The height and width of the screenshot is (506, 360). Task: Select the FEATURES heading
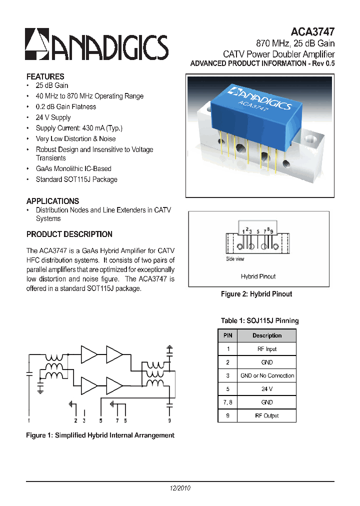45,76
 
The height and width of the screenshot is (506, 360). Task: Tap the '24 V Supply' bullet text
53,117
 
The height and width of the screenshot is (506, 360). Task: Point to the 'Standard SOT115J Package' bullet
76,179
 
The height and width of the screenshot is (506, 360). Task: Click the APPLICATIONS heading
52,201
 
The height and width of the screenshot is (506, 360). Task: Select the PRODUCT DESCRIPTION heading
69,234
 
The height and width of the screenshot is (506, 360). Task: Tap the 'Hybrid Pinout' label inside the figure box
258,276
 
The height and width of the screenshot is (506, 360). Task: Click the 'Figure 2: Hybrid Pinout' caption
256,294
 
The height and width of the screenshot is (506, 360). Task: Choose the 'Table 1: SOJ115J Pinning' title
259,320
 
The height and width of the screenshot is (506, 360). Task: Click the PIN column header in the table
228,335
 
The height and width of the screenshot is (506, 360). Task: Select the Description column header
267,335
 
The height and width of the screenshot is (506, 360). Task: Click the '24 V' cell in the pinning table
267,388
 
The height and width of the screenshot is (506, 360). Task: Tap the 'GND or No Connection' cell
267,375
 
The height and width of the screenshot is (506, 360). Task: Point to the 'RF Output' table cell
267,415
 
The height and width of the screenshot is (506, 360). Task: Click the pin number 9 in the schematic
169,420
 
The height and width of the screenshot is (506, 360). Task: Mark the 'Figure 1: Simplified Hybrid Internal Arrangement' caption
100,435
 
